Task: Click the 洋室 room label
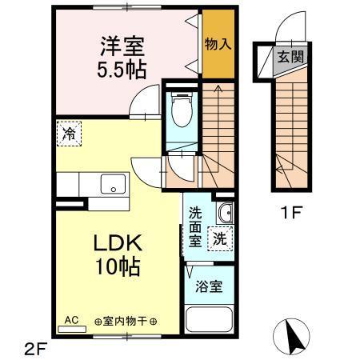click(x=122, y=42)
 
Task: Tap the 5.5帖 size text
click(x=122, y=69)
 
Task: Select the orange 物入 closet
click(x=218, y=43)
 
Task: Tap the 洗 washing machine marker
click(x=219, y=238)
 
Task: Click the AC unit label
click(x=70, y=318)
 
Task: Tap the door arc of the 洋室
click(x=144, y=101)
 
